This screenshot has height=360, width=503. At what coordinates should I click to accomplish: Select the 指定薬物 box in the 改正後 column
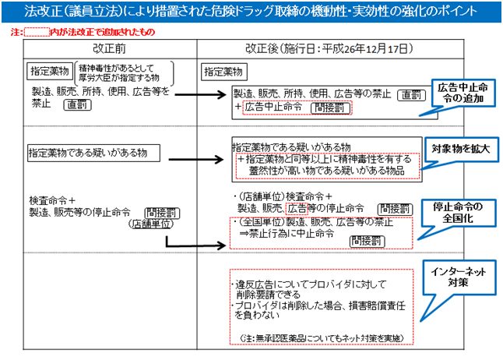223,71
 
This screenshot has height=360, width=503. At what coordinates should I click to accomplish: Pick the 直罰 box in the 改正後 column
410,94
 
